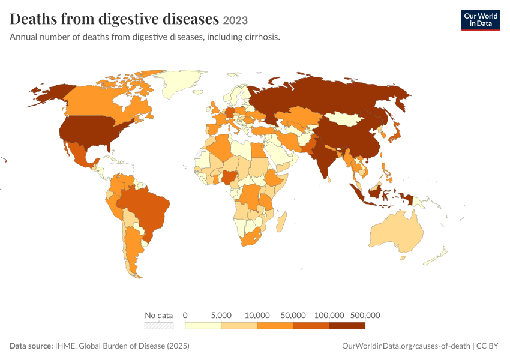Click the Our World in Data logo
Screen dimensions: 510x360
click(x=481, y=20)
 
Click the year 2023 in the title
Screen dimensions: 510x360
click(x=235, y=20)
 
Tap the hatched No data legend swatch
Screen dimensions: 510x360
click(x=159, y=326)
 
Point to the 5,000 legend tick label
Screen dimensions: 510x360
click(x=221, y=315)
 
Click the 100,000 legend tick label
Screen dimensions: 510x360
click(x=329, y=315)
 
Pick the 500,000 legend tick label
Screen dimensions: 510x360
click(x=365, y=315)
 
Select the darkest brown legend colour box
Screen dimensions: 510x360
click(x=347, y=326)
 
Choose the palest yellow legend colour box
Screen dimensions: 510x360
click(x=203, y=326)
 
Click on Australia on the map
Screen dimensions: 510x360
click(x=397, y=232)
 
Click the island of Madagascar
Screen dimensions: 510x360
click(x=281, y=221)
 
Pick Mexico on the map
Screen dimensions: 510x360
click(x=80, y=154)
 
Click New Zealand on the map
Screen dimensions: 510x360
click(x=436, y=257)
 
